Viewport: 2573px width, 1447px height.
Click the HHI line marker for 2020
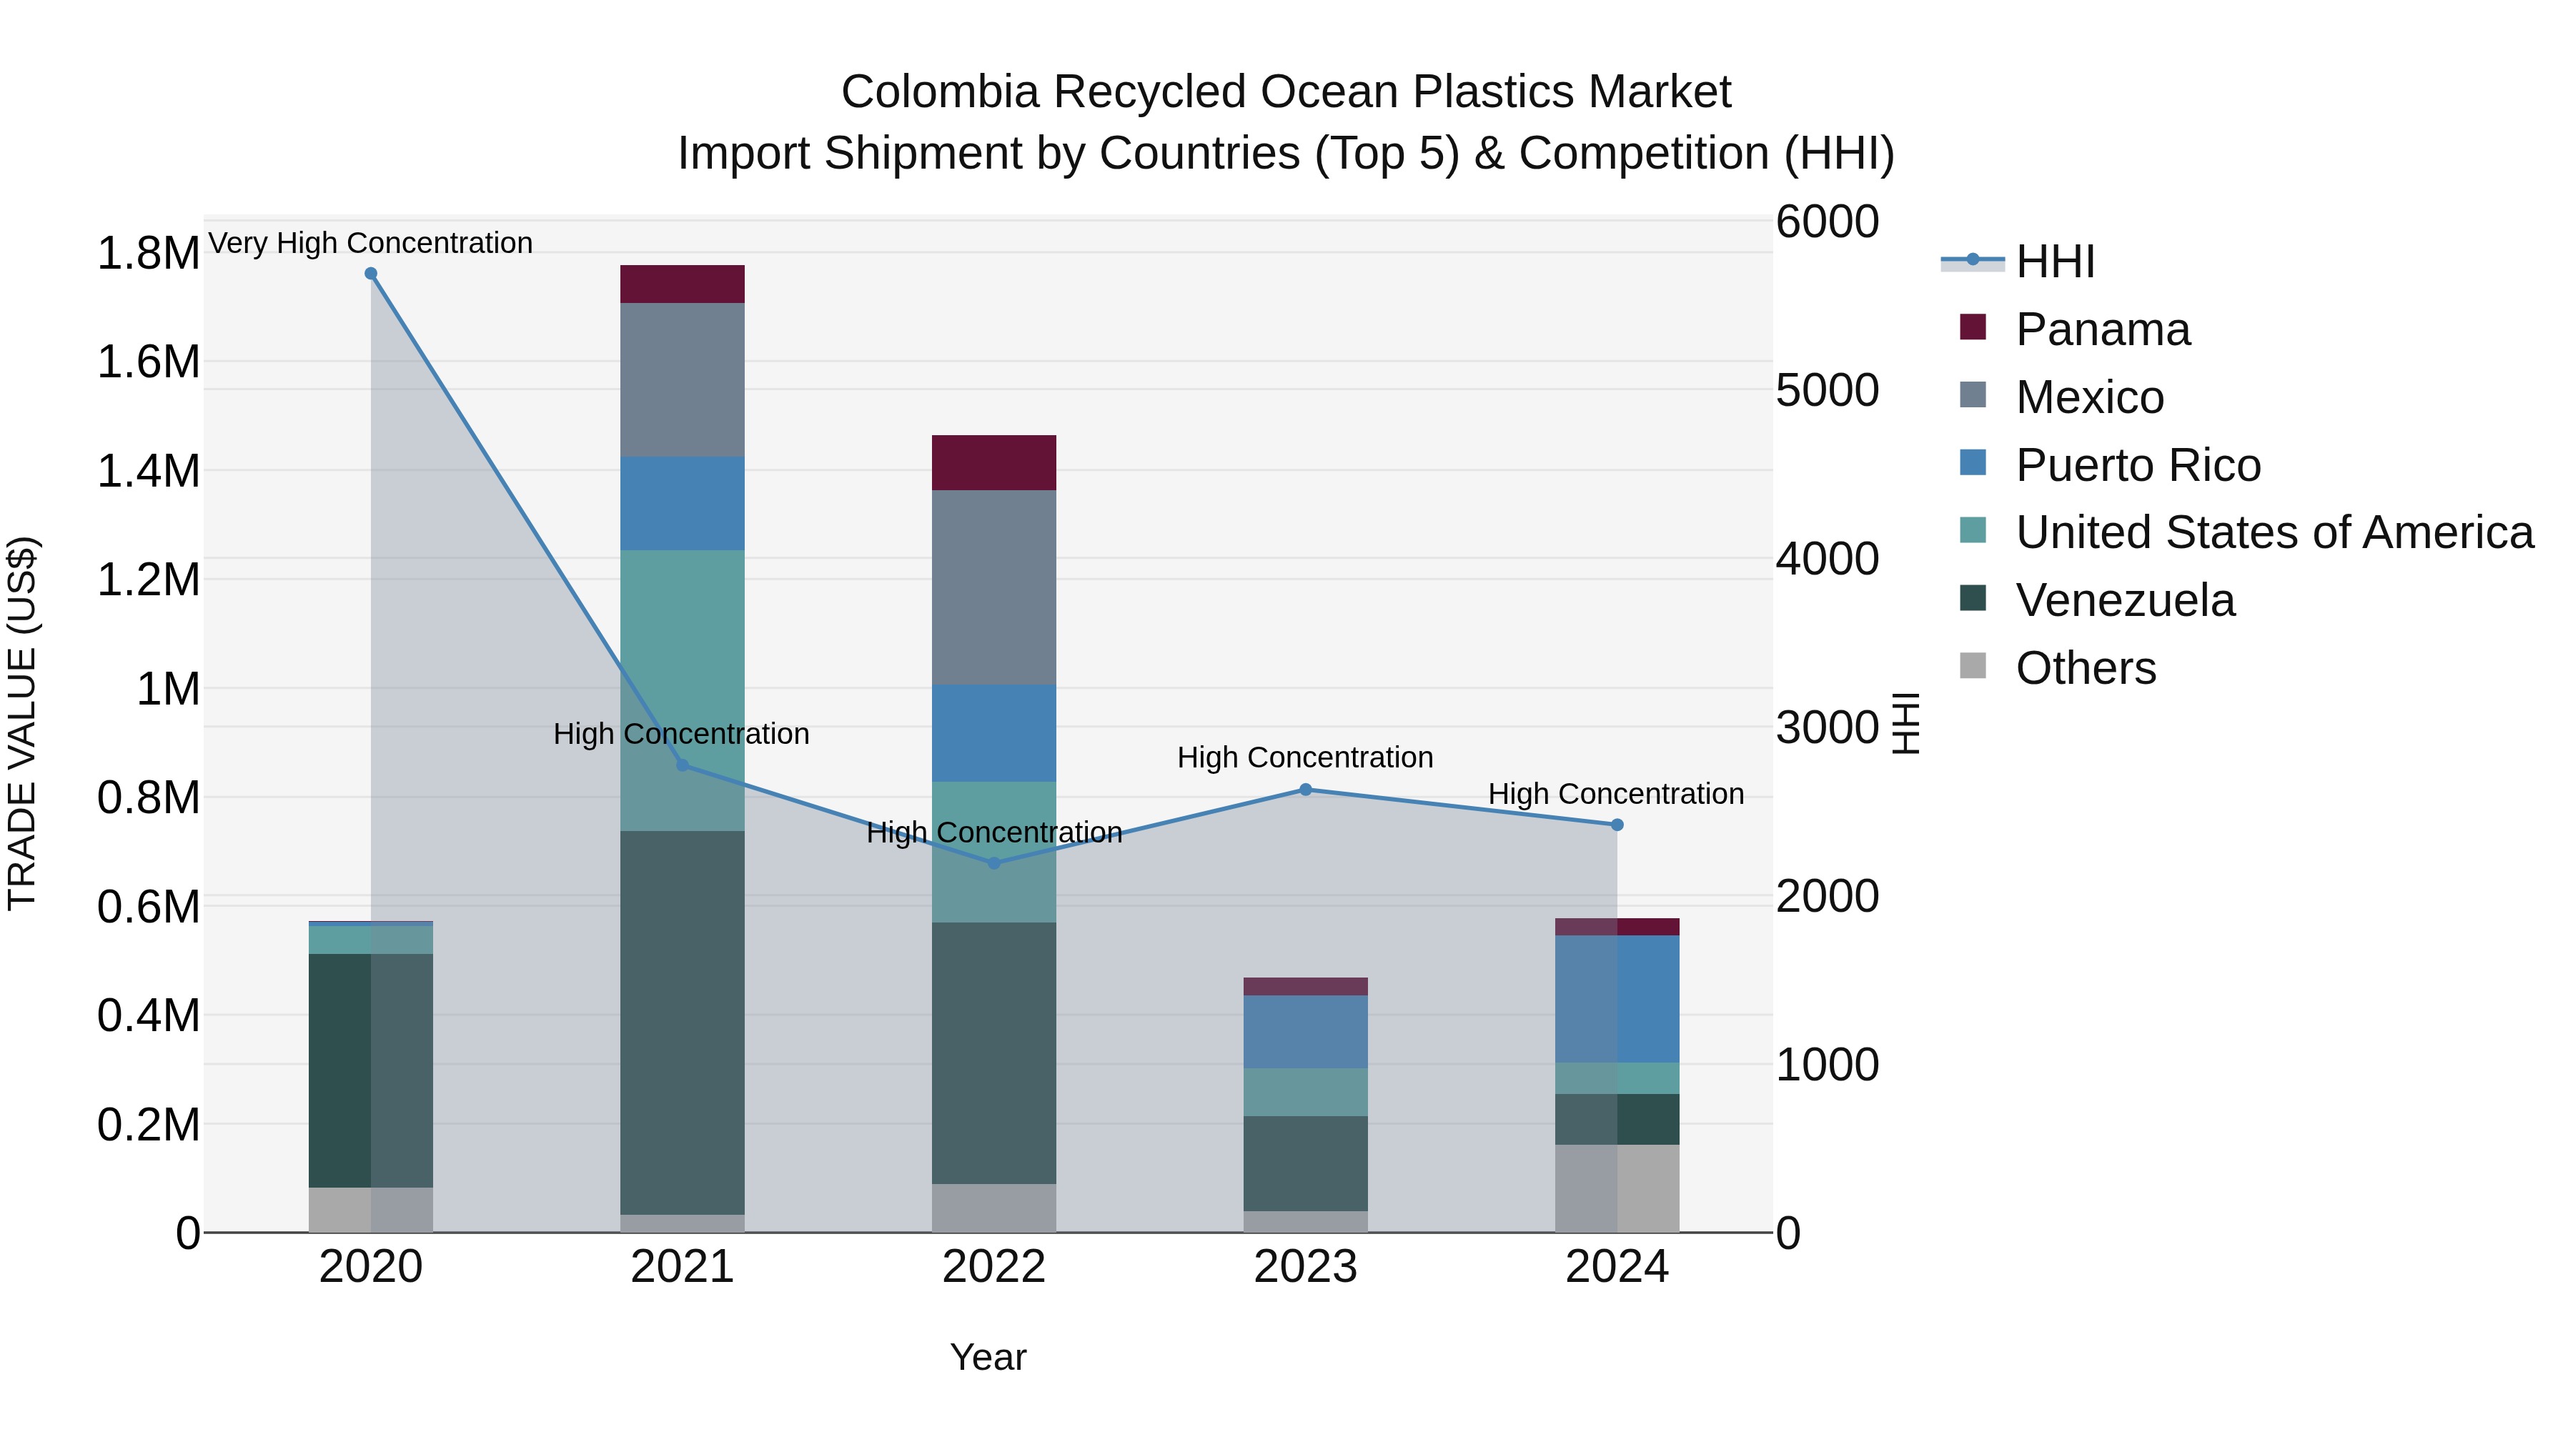[x=370, y=274]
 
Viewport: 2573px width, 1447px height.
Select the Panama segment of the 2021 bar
[x=683, y=284]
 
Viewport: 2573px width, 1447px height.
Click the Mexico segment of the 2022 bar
[x=994, y=587]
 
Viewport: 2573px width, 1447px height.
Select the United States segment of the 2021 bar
[x=683, y=689]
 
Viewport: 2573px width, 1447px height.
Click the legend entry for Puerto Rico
[x=2138, y=465]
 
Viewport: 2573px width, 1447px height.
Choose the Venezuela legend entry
[x=2125, y=600]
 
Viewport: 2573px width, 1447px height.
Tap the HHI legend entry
[x=2055, y=262]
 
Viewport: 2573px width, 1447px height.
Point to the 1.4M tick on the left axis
[x=148, y=470]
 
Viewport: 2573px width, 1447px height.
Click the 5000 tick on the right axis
[x=1827, y=390]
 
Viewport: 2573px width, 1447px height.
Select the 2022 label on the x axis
[x=994, y=1267]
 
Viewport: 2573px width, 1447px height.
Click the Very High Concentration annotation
[x=370, y=243]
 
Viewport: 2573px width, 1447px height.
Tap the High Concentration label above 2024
[x=1615, y=794]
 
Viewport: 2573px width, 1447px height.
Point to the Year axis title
[x=988, y=1357]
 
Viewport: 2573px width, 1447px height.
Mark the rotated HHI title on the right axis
[x=1905, y=723]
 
